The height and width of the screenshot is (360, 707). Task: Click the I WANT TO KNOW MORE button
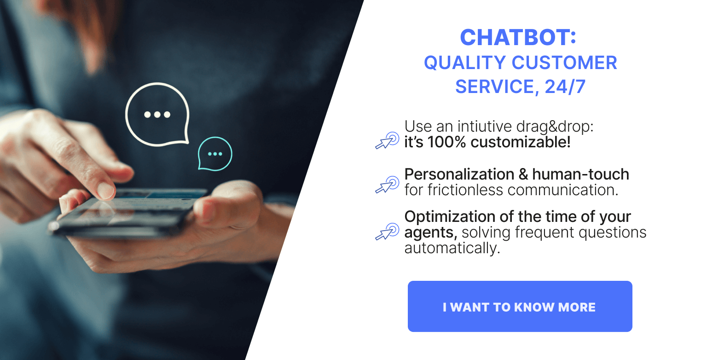pyautogui.click(x=520, y=306)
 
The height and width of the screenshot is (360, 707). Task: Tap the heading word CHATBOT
pyautogui.click(x=515, y=38)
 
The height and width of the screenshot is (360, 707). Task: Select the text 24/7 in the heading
pyautogui.click(x=565, y=87)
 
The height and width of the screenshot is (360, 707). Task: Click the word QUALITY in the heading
pyautogui.click(x=465, y=63)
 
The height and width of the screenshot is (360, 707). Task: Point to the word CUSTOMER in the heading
pyautogui.click(x=564, y=63)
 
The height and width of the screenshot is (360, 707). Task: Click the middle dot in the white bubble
pyautogui.click(x=157, y=114)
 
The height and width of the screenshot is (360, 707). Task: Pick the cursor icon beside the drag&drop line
pyautogui.click(x=387, y=140)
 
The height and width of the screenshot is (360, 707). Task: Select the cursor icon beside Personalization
pyautogui.click(x=387, y=185)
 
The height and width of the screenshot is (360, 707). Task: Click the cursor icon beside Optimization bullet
pyautogui.click(x=387, y=232)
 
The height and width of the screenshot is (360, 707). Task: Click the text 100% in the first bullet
pyautogui.click(x=446, y=142)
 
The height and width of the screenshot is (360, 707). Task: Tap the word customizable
pyautogui.click(x=521, y=142)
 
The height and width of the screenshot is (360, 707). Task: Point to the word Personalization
pyautogui.click(x=459, y=174)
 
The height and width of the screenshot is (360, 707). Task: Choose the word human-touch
pyautogui.click(x=580, y=174)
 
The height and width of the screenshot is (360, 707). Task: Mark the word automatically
pyautogui.click(x=452, y=248)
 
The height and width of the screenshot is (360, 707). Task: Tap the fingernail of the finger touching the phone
pyautogui.click(x=106, y=191)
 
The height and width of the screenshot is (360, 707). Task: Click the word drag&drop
pyautogui.click(x=555, y=127)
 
